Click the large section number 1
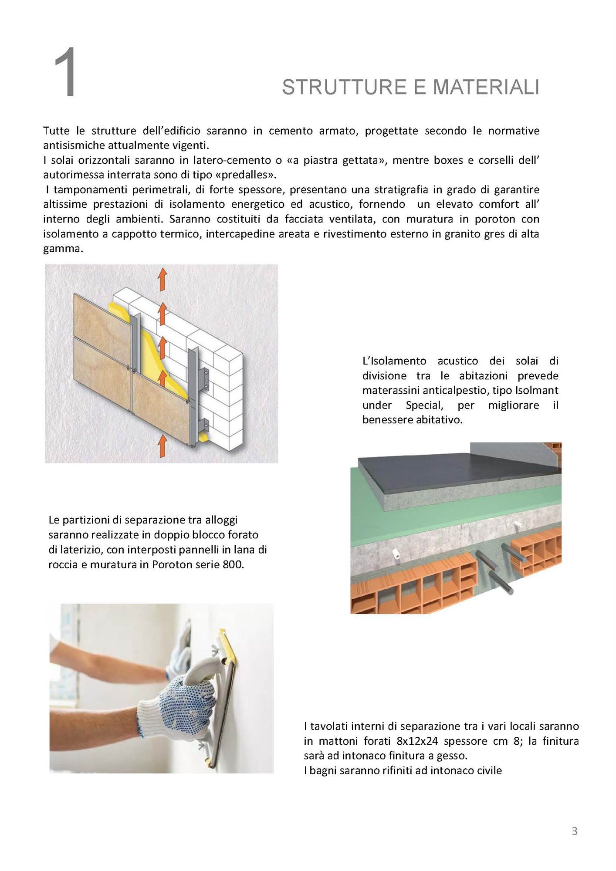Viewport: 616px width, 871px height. point(65,72)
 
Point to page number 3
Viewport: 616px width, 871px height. point(574,831)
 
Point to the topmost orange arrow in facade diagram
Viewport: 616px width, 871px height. point(162,279)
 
